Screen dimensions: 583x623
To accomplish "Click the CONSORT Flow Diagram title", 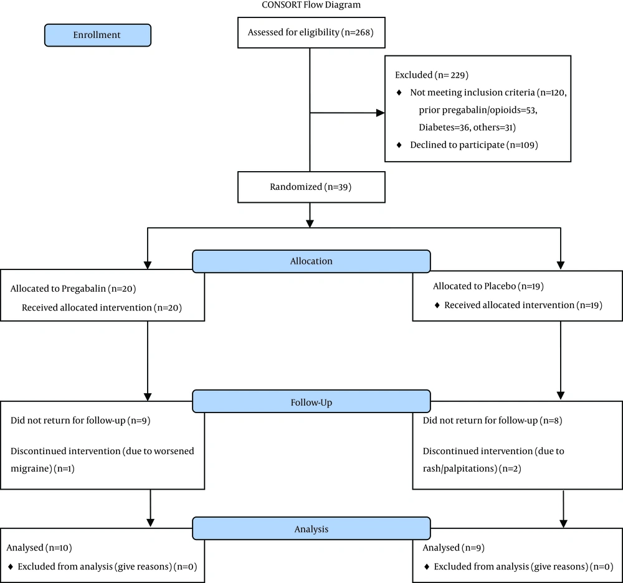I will pos(311,5).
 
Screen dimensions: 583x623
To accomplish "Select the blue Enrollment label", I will pos(97,35).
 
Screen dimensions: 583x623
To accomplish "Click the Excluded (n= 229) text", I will pos(431,75).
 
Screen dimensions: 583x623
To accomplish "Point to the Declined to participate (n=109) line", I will pos(473,145).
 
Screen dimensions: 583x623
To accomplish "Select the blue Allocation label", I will pos(311,261).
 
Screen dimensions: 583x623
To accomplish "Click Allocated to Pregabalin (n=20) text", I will pos(73,289).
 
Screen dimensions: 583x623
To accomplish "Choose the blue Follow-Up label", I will pos(311,402).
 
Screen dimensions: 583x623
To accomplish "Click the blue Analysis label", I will pos(311,529).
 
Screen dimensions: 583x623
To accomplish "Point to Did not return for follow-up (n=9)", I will pos(80,421).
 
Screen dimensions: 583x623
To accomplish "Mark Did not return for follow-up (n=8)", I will pos(493,421).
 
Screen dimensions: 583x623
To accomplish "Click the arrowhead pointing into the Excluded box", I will pos(379,113).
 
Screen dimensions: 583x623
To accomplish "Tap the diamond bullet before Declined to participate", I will pos(399,145).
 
